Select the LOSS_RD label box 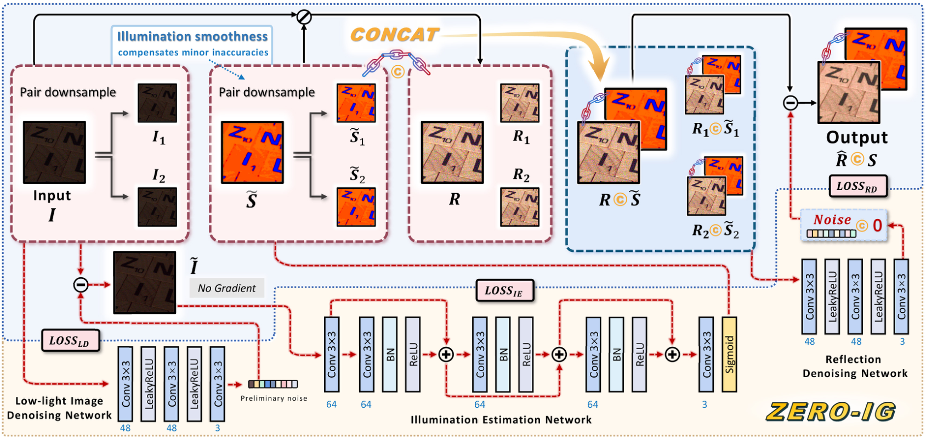[x=857, y=186]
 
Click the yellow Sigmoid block [x=729, y=354]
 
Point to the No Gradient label [x=226, y=288]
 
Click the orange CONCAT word [x=395, y=35]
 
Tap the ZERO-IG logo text [x=831, y=412]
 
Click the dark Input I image [x=54, y=152]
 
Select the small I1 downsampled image [x=157, y=103]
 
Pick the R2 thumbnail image [x=520, y=207]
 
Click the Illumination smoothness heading [x=192, y=36]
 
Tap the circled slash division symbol [x=304, y=17]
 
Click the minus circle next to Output [x=790, y=103]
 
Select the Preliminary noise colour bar [x=273, y=384]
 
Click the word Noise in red [x=832, y=220]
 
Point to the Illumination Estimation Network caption [x=501, y=420]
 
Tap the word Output [x=856, y=137]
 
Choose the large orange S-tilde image [x=252, y=152]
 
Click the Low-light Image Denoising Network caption [x=59, y=408]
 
